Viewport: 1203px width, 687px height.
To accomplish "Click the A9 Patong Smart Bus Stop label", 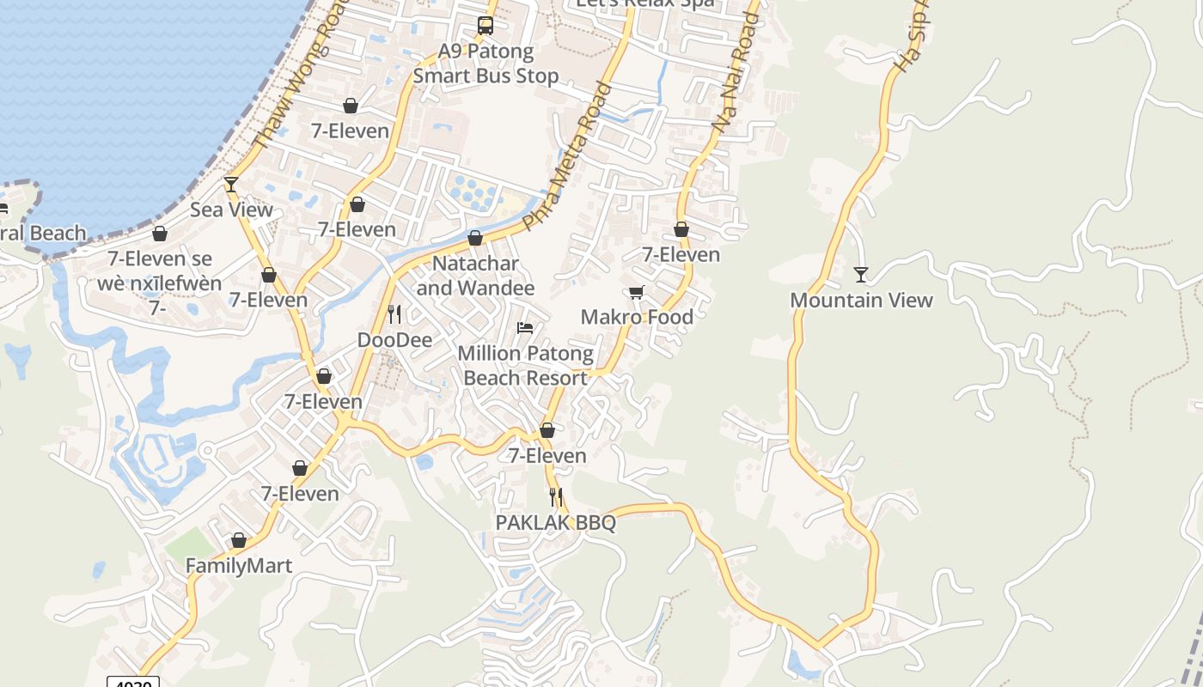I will [x=485, y=64].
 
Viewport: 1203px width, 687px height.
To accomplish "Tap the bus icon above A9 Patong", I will [x=485, y=26].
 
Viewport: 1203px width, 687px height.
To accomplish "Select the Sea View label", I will [x=231, y=210].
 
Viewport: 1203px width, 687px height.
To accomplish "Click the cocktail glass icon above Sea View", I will [x=231, y=184].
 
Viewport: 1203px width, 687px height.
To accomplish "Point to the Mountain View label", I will [x=861, y=300].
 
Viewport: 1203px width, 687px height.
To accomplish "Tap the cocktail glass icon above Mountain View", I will [x=861, y=275].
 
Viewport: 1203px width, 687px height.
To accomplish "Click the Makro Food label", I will [x=637, y=317].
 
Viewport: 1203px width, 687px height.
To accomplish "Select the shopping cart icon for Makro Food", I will [x=637, y=293].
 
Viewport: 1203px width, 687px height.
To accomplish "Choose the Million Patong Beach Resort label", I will [x=525, y=365].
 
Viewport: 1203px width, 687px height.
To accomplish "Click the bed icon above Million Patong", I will [x=525, y=328].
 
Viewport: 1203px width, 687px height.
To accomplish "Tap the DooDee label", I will [x=394, y=339].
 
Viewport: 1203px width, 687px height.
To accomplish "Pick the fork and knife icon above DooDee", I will [x=394, y=314].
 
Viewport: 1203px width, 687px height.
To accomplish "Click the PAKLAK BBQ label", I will [x=556, y=522].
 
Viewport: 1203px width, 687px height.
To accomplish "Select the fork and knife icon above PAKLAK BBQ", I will [x=556, y=496].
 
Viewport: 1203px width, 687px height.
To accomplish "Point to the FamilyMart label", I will [x=239, y=566].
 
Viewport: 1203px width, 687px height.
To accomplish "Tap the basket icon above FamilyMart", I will [x=239, y=541].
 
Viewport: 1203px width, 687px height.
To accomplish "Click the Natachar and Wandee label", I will [x=475, y=275].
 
